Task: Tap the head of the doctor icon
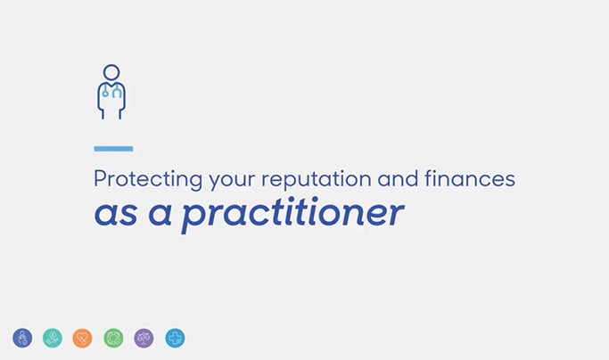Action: [111, 71]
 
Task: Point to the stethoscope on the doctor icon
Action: [111, 92]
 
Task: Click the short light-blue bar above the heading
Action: [113, 149]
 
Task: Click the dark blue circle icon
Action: [22, 338]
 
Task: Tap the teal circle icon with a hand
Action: [53, 338]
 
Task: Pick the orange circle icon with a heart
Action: [83, 338]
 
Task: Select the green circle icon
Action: [113, 338]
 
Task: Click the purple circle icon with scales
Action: [144, 338]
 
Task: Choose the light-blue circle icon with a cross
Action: [175, 338]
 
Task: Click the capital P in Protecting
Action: [100, 179]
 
